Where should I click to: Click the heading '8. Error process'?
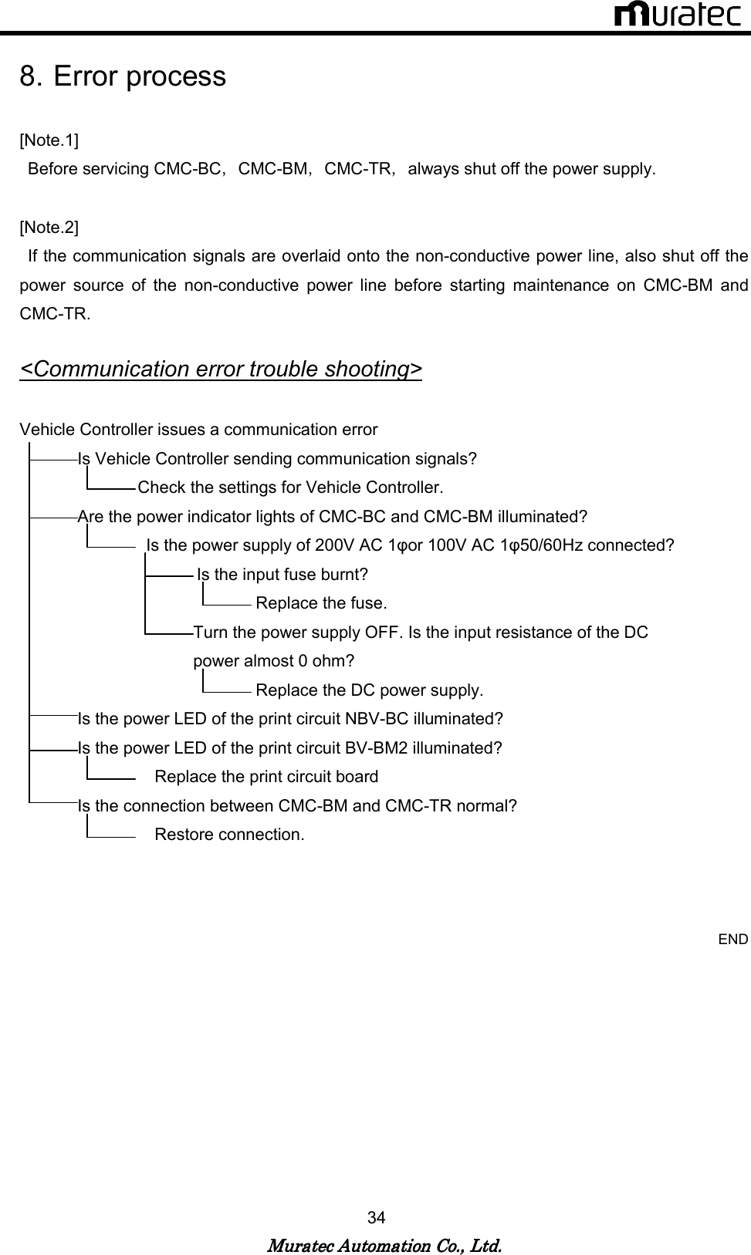click(x=123, y=76)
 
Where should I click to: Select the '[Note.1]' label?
click(x=49, y=140)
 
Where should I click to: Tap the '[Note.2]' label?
click(x=49, y=228)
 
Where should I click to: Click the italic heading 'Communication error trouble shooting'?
click(x=221, y=369)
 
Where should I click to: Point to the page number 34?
click(x=377, y=1218)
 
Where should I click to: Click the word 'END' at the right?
click(x=733, y=939)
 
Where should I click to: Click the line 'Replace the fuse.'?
click(x=321, y=603)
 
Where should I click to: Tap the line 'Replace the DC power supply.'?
click(x=369, y=690)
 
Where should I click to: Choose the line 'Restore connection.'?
click(x=229, y=835)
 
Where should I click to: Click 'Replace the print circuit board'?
click(x=266, y=777)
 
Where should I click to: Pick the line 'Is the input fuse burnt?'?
click(x=282, y=575)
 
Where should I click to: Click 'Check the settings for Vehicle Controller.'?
click(x=290, y=487)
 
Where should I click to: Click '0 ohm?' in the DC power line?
click(x=326, y=661)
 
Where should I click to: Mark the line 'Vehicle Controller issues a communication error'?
click(x=198, y=430)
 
